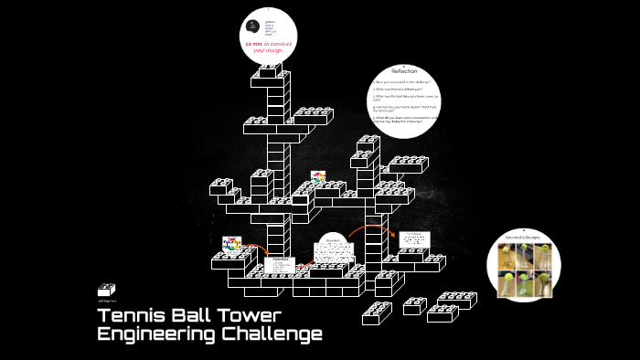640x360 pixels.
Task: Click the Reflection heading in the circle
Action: coord(404,70)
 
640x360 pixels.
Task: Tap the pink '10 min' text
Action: coord(253,43)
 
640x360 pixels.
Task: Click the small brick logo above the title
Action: coord(107,290)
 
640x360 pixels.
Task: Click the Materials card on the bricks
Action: coord(281,266)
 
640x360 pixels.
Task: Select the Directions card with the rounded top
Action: coord(331,251)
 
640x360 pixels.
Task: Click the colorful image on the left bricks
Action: coord(231,246)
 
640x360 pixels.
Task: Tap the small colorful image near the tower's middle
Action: coord(318,176)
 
